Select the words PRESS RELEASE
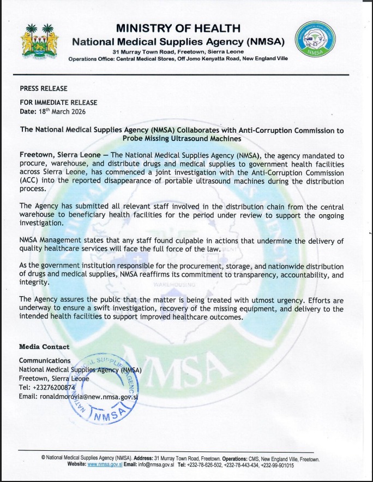(x=44, y=88)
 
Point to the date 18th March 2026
(x=62, y=111)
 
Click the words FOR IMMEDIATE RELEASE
(x=58, y=103)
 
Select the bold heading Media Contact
(x=44, y=346)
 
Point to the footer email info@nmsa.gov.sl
(x=154, y=465)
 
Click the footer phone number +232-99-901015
(x=277, y=465)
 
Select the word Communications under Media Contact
(x=45, y=361)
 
